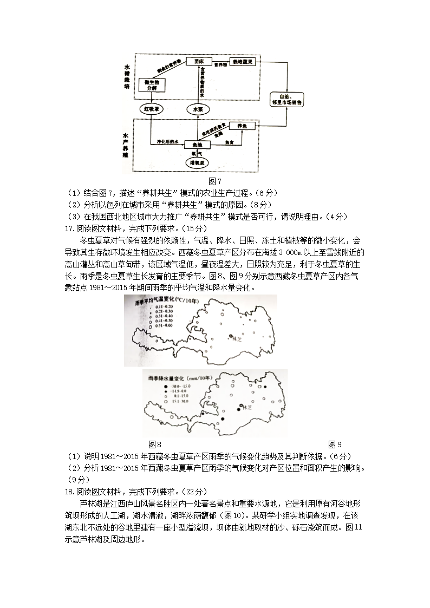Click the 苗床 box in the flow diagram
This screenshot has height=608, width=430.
198,62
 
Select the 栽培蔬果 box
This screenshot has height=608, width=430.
243,62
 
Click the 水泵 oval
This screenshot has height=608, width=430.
198,109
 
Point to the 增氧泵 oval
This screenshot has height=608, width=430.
196,162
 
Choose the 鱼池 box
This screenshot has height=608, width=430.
197,145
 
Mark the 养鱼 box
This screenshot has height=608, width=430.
242,126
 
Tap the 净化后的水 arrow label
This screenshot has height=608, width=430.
167,141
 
